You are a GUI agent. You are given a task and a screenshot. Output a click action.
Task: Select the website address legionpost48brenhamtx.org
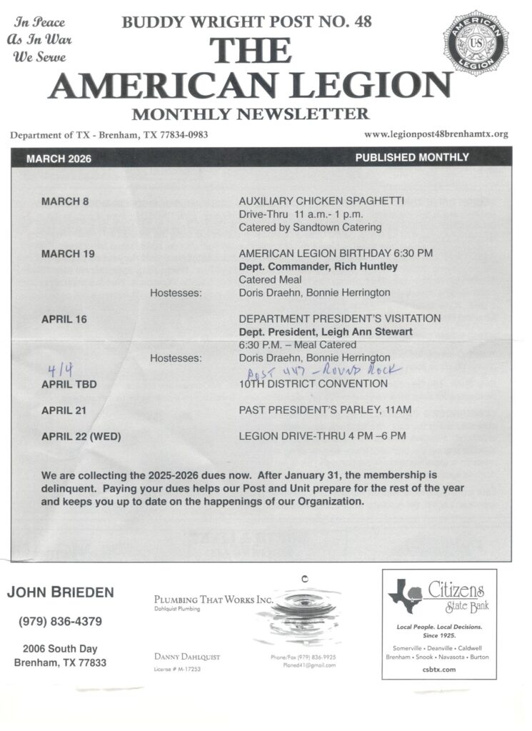pyautogui.click(x=436, y=134)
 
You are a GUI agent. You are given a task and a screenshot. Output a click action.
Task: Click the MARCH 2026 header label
pyautogui.click(x=59, y=158)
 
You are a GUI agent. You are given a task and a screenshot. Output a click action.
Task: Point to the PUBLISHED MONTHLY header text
pyautogui.click(x=412, y=158)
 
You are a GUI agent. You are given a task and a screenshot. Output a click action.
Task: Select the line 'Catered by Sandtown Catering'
pyautogui.click(x=310, y=228)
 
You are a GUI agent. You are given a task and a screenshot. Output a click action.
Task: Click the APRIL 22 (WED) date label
pyautogui.click(x=81, y=436)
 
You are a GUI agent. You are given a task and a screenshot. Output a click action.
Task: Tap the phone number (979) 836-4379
pyautogui.click(x=60, y=622)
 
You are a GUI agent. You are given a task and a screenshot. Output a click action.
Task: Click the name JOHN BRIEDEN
pyautogui.click(x=60, y=593)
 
